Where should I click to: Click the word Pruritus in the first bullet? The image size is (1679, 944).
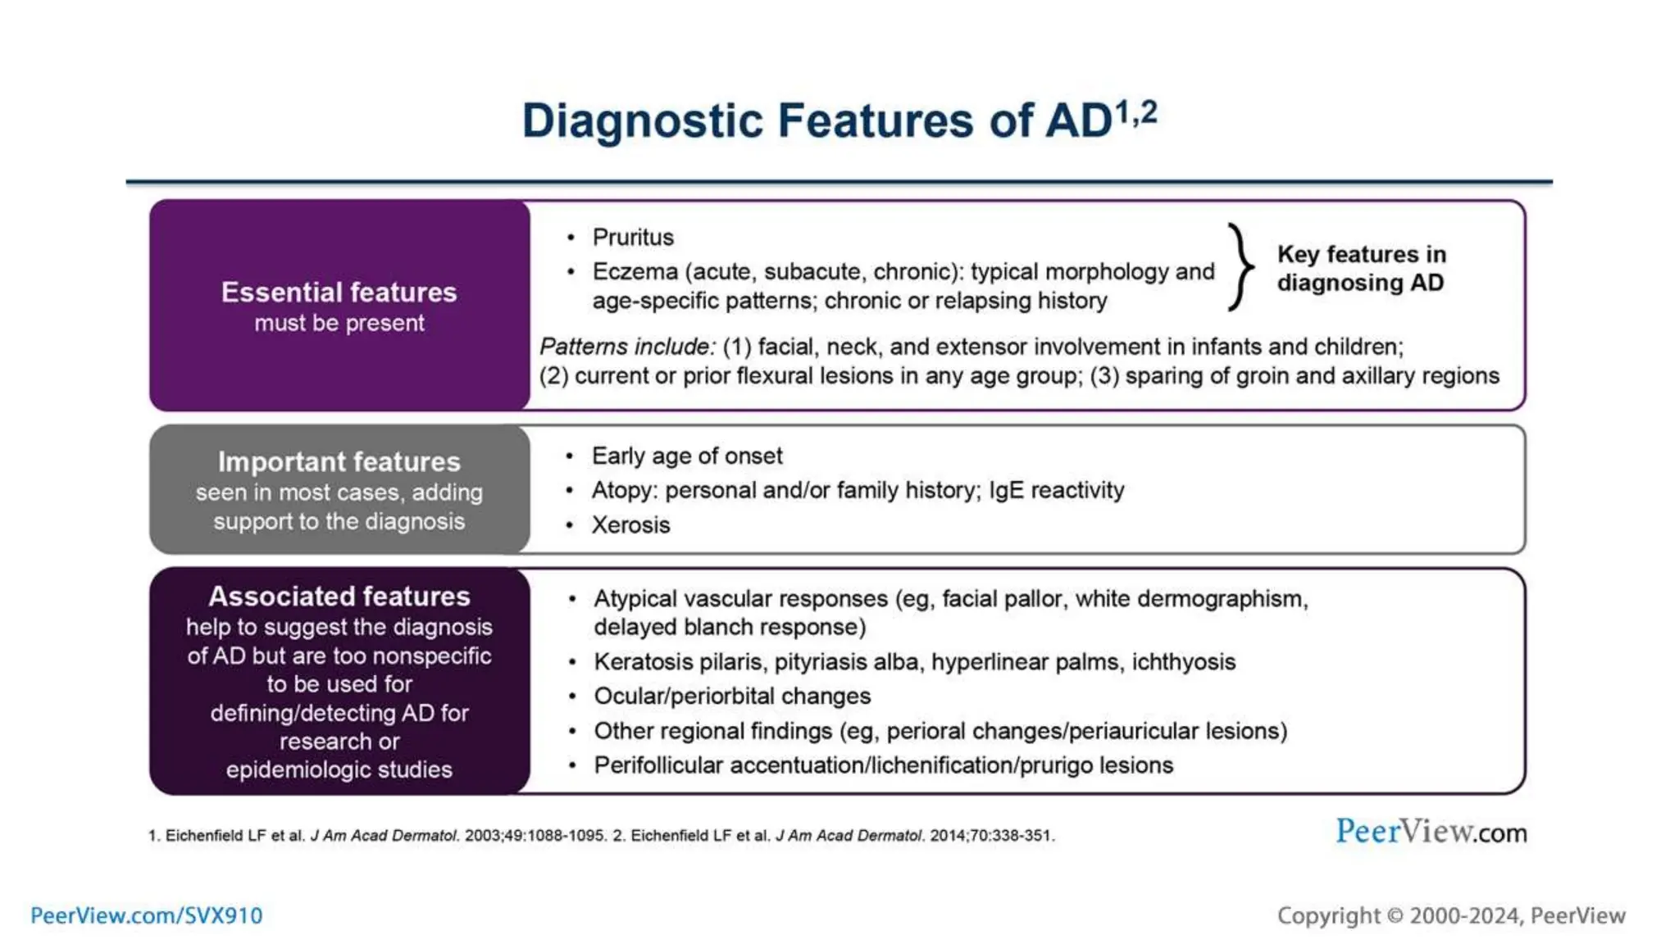[633, 238]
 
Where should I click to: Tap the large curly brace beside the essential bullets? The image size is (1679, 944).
[1240, 267]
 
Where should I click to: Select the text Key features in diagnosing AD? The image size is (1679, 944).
[1361, 268]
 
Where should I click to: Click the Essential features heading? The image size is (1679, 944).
[339, 293]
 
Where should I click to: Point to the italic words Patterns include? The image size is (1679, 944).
[627, 347]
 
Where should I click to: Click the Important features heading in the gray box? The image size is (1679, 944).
[339, 462]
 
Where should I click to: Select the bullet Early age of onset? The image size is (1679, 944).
[687, 456]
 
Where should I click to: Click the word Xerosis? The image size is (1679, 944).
[630, 524]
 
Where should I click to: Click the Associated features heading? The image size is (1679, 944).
[339, 597]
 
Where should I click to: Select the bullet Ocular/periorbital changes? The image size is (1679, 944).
[732, 697]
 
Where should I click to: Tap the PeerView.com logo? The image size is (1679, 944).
[1431, 832]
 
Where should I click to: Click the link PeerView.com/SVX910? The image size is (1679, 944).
[146, 915]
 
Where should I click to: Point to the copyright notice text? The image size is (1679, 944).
[1451, 915]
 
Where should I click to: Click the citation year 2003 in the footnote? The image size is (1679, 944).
[483, 836]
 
